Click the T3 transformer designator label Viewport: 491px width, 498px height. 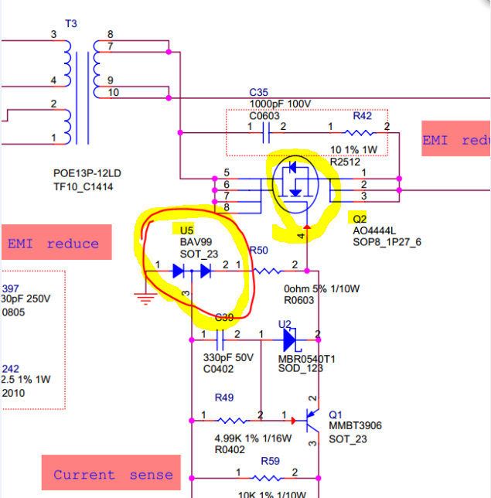70,24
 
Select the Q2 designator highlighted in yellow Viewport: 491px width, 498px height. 358,219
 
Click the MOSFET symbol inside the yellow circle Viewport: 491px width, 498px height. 300,184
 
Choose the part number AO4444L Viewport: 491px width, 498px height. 374,230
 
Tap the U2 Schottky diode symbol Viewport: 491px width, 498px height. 290,339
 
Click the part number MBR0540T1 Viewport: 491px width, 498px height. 306,359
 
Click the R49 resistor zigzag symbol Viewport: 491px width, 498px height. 233,421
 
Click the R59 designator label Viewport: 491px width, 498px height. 270,461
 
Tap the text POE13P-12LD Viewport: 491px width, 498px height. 84,174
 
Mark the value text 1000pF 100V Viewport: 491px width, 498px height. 279,104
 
